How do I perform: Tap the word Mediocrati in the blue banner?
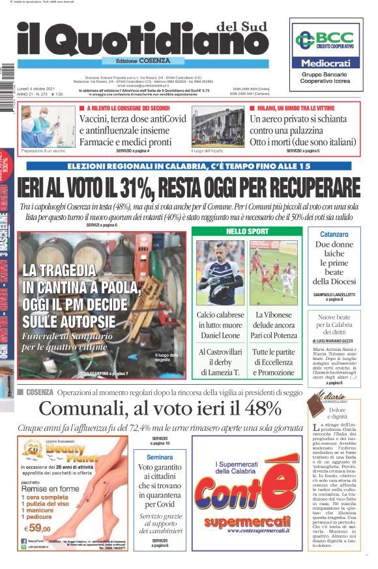pyautogui.click(x=325, y=64)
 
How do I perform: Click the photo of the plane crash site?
pyautogui.click(x=218, y=126)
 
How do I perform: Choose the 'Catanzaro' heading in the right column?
pyautogui.click(x=335, y=234)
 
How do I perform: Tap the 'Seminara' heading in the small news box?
pyautogui.click(x=160, y=457)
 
